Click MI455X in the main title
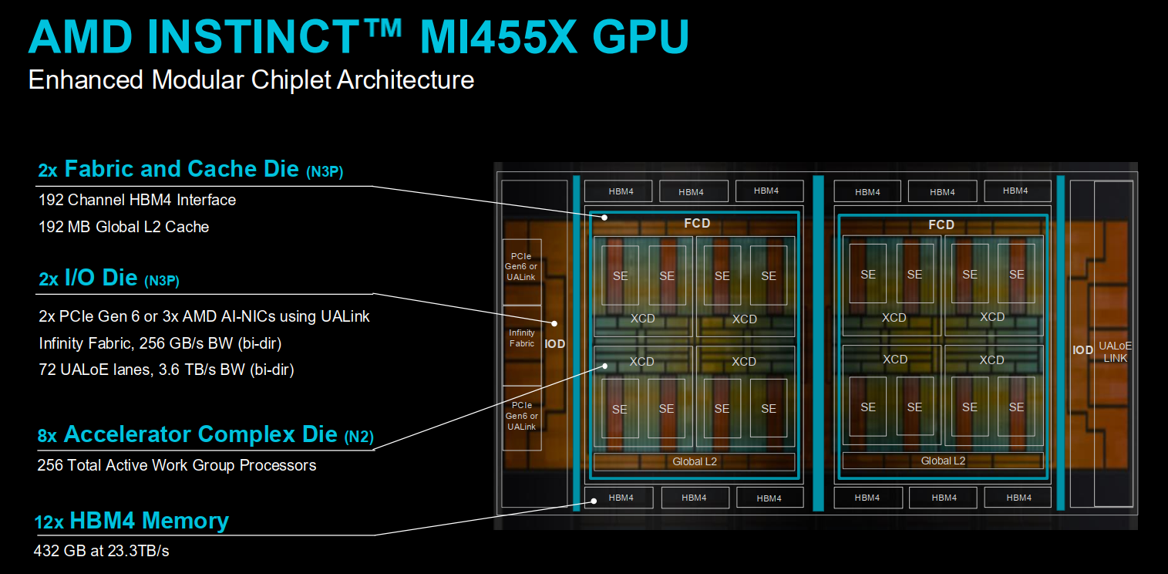[498, 37]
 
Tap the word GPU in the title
[641, 37]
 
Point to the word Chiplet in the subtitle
[291, 79]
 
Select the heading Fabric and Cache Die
[181, 169]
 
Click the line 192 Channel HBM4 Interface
[137, 200]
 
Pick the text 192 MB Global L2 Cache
[123, 227]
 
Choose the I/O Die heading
[101, 278]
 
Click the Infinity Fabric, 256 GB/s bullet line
[160, 343]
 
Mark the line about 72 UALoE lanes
[167, 370]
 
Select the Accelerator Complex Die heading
[200, 434]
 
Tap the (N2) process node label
[358, 436]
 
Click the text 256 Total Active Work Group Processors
[177, 465]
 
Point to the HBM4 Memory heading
[149, 521]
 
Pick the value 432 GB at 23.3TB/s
[101, 551]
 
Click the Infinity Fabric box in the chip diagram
[522, 338]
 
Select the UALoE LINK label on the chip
[1116, 353]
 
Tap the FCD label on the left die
[697, 223]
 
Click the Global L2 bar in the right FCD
[943, 461]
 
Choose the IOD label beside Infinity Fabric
[555, 344]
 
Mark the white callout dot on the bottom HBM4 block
[594, 501]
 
